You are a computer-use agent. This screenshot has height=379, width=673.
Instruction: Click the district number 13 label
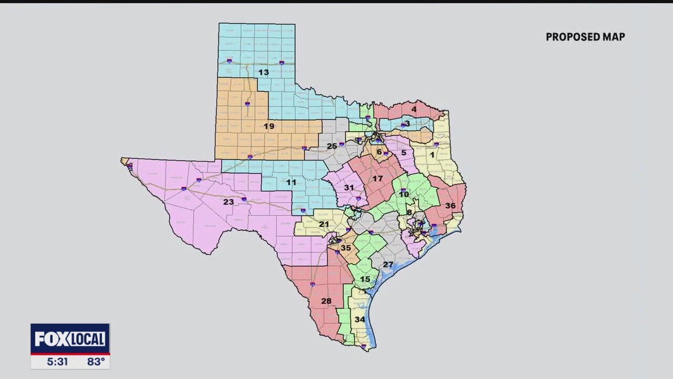(263, 72)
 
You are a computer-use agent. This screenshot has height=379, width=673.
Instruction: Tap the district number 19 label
(269, 126)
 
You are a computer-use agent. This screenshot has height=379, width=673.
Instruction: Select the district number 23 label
(228, 202)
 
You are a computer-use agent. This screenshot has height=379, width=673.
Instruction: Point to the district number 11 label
(291, 183)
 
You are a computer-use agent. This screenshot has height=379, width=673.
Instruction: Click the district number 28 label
(326, 301)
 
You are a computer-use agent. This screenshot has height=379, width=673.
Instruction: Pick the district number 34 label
(360, 320)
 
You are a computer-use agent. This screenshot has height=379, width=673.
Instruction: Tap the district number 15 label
(365, 279)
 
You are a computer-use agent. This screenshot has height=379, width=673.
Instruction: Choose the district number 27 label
(388, 264)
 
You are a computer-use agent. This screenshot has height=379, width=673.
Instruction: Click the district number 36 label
(450, 206)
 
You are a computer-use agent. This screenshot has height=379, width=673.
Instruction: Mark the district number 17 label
(378, 179)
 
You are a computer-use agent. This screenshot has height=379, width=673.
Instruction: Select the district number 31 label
(349, 187)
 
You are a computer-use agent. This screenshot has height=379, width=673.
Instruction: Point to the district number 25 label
(332, 146)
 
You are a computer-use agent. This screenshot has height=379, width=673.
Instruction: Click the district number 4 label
(414, 109)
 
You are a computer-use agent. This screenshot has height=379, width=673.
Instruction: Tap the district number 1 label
(432, 155)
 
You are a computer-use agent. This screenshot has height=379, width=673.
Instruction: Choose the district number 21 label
(324, 224)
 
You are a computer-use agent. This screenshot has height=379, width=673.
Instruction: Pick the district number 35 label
(345, 248)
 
